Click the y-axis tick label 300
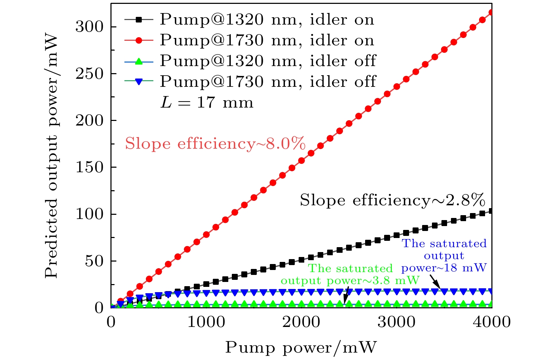90,27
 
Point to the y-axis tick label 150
90,167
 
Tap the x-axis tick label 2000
301,322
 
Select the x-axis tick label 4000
491,322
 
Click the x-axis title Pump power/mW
301,347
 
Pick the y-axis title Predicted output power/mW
51,155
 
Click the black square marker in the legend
139,20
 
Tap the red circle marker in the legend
139,41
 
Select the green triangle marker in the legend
139,61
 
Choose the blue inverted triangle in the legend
139,82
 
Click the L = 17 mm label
207,103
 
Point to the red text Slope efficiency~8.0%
215,144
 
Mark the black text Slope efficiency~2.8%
392,200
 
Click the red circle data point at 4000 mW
491,13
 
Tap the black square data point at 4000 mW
491,211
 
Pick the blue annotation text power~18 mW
444,268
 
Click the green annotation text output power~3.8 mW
350,281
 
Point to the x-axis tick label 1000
206,322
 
